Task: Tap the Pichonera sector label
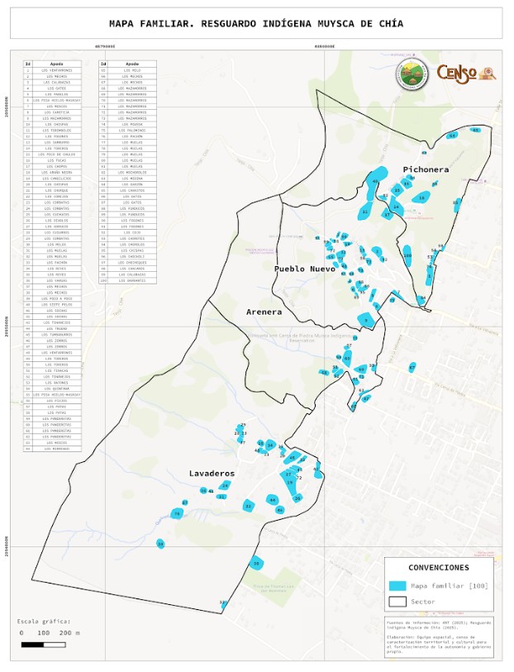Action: (426, 169)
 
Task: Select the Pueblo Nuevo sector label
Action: (305, 269)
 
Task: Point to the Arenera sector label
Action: (264, 312)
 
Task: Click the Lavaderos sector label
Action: (212, 474)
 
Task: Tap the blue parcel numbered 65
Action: (475, 130)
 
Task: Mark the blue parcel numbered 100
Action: (407, 257)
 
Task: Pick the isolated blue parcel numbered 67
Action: (412, 367)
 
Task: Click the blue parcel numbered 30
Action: (256, 564)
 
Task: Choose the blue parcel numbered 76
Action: (177, 514)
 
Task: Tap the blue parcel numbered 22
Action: (248, 505)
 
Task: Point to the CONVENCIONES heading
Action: (438, 568)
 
